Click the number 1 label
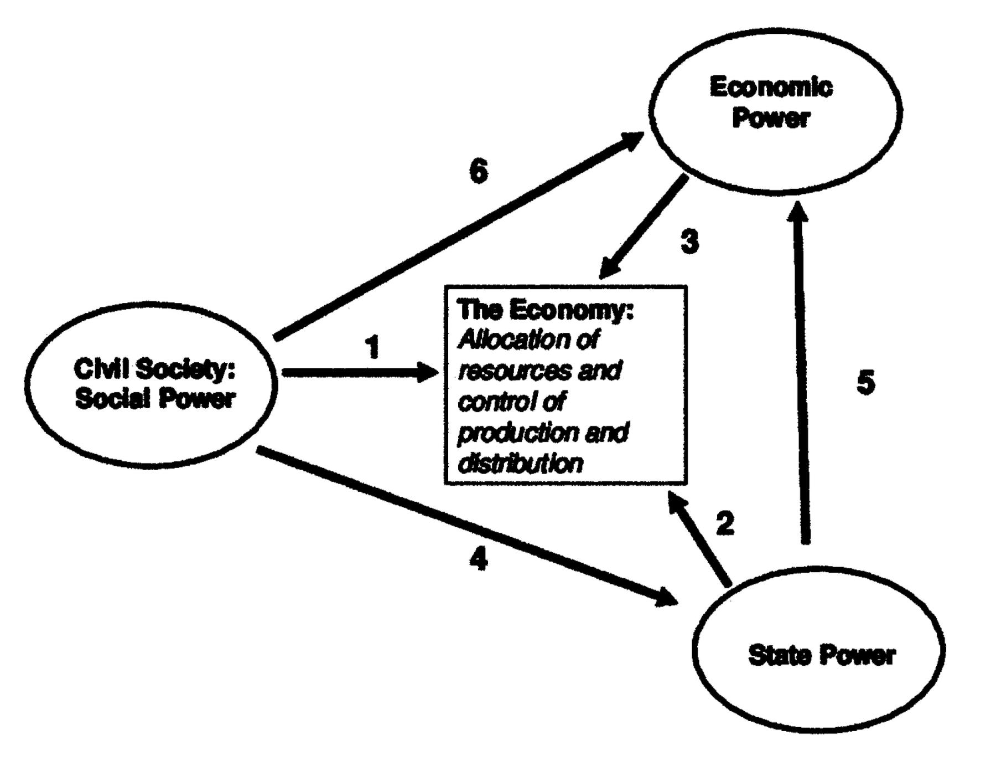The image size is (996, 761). coord(373,347)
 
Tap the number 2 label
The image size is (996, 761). coord(725,523)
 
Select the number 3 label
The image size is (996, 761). coord(689,241)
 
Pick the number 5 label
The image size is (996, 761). coord(866,382)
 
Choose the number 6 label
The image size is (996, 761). coord(479,171)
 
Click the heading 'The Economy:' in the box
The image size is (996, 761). coord(545,311)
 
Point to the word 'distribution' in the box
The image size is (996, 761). coord(521,463)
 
